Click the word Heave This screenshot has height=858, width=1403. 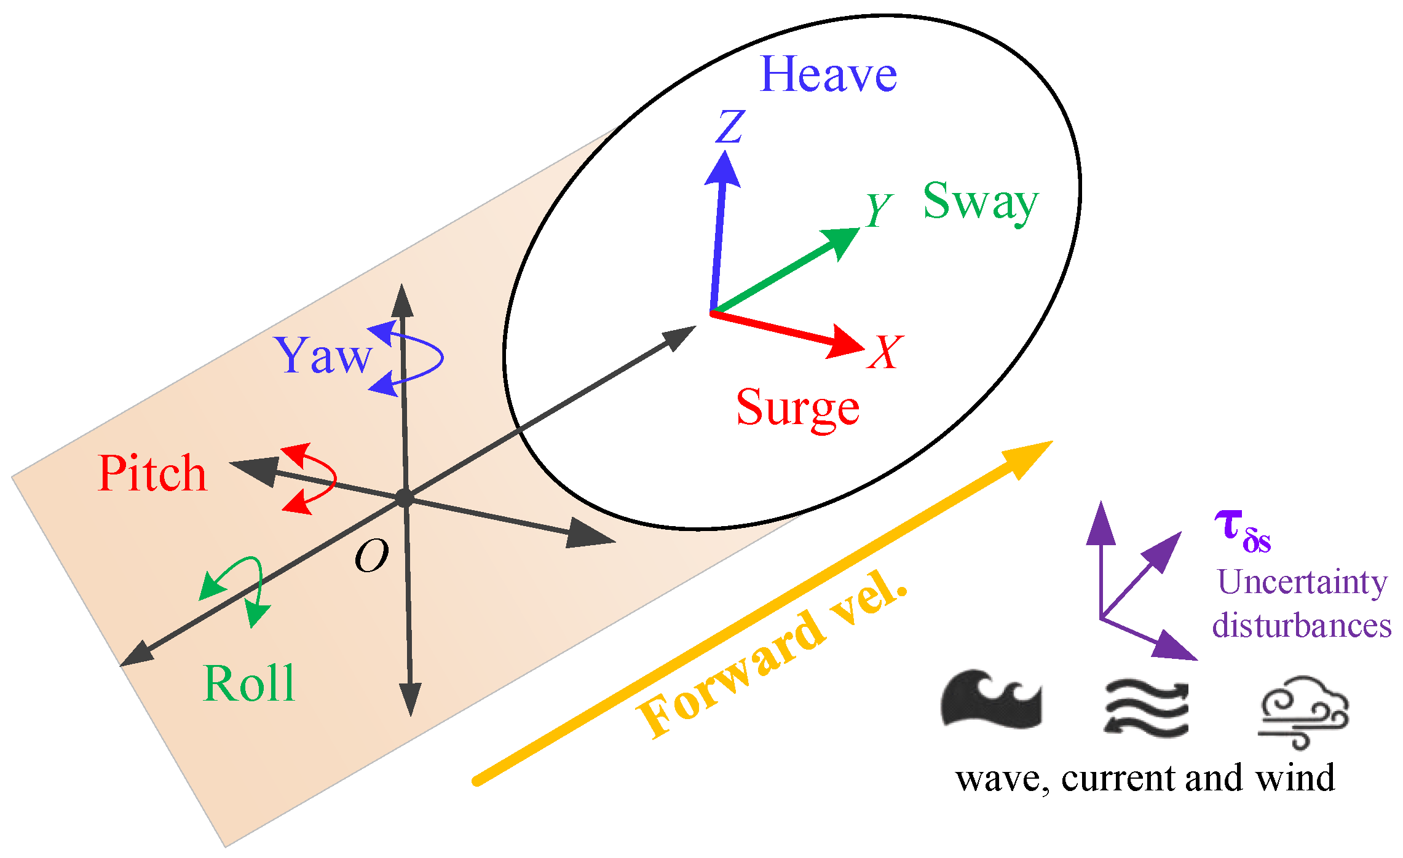pyautogui.click(x=828, y=75)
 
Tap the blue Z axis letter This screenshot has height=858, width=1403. pyautogui.click(x=730, y=127)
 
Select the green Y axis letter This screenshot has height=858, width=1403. pyautogui.click(x=879, y=210)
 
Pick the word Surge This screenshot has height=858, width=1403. pyautogui.click(x=797, y=408)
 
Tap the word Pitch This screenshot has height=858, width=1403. pyautogui.click(x=152, y=473)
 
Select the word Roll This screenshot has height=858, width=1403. pyautogui.click(x=249, y=683)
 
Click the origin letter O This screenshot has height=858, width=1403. pyautogui.click(x=372, y=556)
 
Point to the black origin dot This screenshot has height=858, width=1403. pyautogui.click(x=404, y=498)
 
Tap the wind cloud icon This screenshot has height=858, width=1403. pyautogui.click(x=1303, y=712)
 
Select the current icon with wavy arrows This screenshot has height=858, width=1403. pyautogui.click(x=1147, y=707)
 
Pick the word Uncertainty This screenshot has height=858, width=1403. pyautogui.click(x=1302, y=581)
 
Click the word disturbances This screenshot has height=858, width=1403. pyautogui.click(x=1302, y=626)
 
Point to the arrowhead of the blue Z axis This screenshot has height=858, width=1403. pyautogui.click(x=724, y=169)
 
